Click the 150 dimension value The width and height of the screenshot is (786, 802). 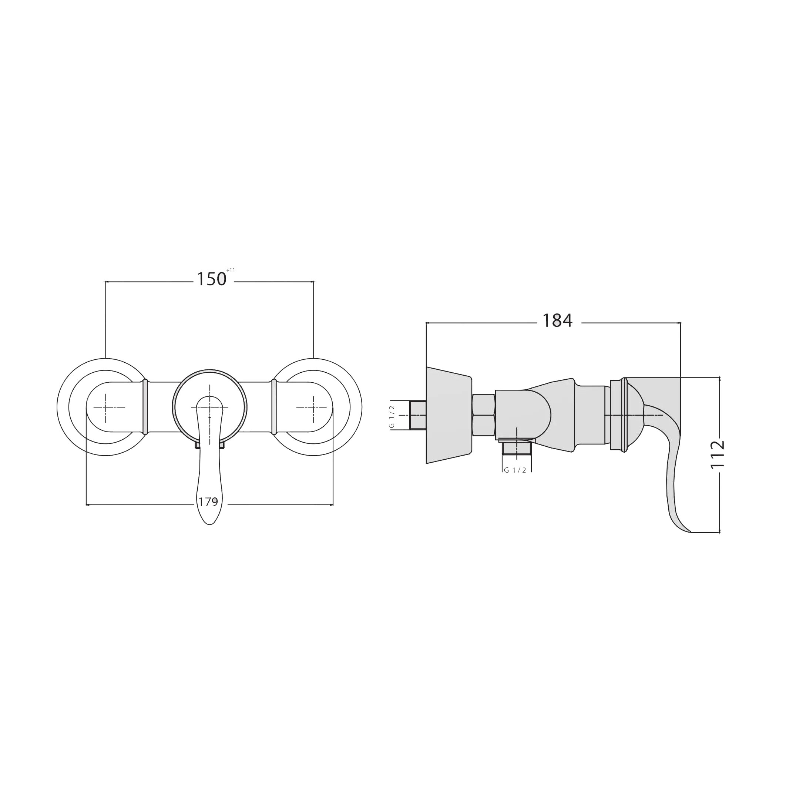click(211, 279)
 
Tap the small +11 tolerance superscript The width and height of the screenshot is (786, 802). click(231, 271)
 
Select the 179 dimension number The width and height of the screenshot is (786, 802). click(208, 502)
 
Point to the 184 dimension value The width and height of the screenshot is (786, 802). click(557, 321)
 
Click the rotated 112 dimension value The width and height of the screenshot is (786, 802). click(718, 454)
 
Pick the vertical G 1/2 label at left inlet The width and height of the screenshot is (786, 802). click(392, 416)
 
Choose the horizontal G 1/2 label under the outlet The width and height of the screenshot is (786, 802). click(515, 470)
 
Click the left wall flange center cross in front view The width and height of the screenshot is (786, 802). click(106, 407)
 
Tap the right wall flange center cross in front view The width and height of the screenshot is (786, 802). click(313, 407)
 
